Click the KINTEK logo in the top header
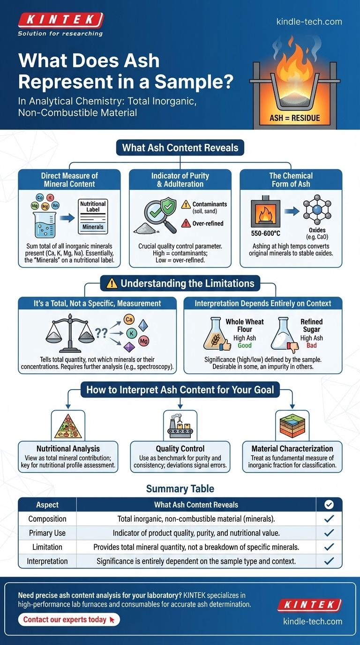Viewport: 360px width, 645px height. (60, 20)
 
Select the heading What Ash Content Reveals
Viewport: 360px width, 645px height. (180, 148)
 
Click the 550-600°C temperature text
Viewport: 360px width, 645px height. (266, 232)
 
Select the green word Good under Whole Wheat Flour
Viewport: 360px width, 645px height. (245, 345)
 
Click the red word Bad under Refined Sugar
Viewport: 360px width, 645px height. (311, 345)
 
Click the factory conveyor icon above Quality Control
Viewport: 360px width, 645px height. (180, 424)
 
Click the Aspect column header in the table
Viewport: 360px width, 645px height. (47, 505)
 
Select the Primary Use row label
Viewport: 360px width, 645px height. (47, 533)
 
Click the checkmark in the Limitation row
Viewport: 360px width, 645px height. (329, 547)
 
